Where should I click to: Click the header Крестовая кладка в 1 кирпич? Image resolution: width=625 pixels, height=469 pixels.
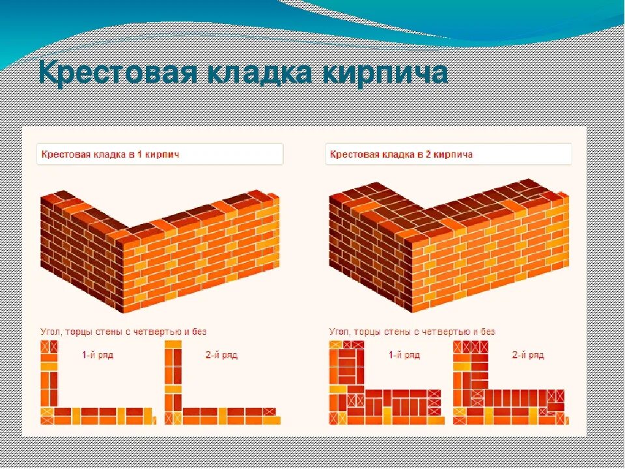coord(110,155)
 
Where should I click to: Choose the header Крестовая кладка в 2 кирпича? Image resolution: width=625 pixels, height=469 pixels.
coord(401,155)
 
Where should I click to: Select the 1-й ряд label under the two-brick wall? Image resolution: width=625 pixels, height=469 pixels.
coord(403,355)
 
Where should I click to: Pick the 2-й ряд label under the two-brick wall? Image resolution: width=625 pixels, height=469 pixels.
coord(527,355)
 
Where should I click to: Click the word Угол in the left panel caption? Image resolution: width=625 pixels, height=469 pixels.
coord(50,332)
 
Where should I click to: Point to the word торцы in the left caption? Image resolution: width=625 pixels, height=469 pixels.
coord(81,332)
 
